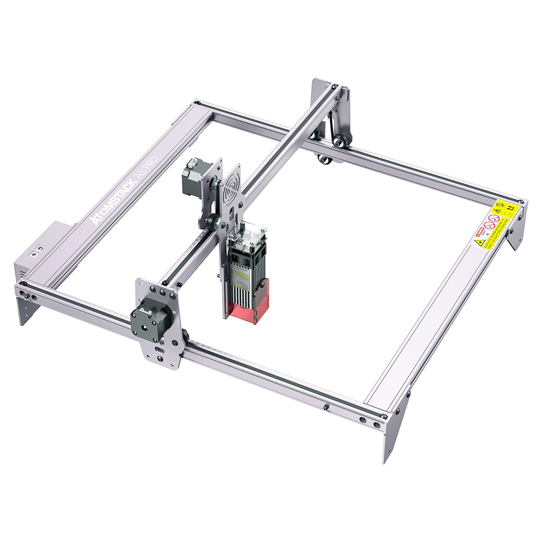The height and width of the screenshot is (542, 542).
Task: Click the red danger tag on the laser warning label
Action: click(x=479, y=234)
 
